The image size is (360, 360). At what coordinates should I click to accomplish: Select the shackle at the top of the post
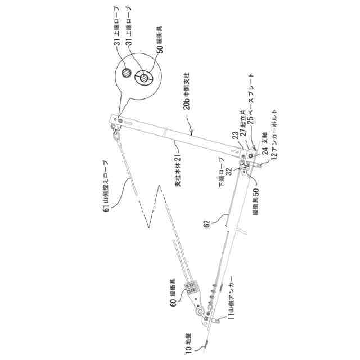point(115,133)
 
